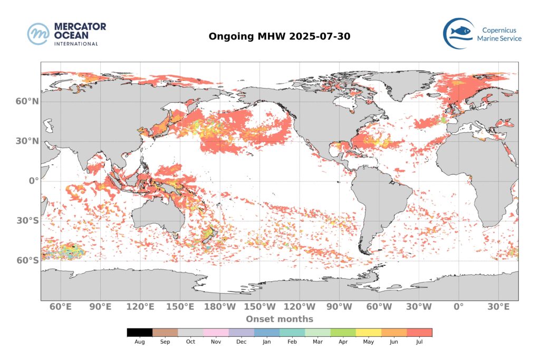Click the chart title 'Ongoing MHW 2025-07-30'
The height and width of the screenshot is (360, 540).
pyautogui.click(x=279, y=36)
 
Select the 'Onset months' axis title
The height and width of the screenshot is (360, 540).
pyautogui.click(x=279, y=319)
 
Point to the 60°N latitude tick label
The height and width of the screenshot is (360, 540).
pyautogui.click(x=27, y=101)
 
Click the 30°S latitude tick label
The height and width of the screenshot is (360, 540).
pyautogui.click(x=27, y=221)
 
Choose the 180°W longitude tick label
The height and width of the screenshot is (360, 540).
pyautogui.click(x=220, y=307)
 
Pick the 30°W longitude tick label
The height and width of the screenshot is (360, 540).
pyautogui.click(x=419, y=307)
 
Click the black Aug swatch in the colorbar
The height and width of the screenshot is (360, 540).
pyautogui.click(x=140, y=333)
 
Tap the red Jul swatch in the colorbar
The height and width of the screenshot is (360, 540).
pyautogui.click(x=419, y=333)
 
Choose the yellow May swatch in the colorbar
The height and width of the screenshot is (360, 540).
pyautogui.click(x=369, y=333)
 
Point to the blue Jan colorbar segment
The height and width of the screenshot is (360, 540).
pyautogui.click(x=267, y=333)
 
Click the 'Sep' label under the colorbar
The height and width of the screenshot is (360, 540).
pyautogui.click(x=165, y=342)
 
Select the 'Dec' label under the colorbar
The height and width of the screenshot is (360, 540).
pyautogui.click(x=242, y=342)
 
